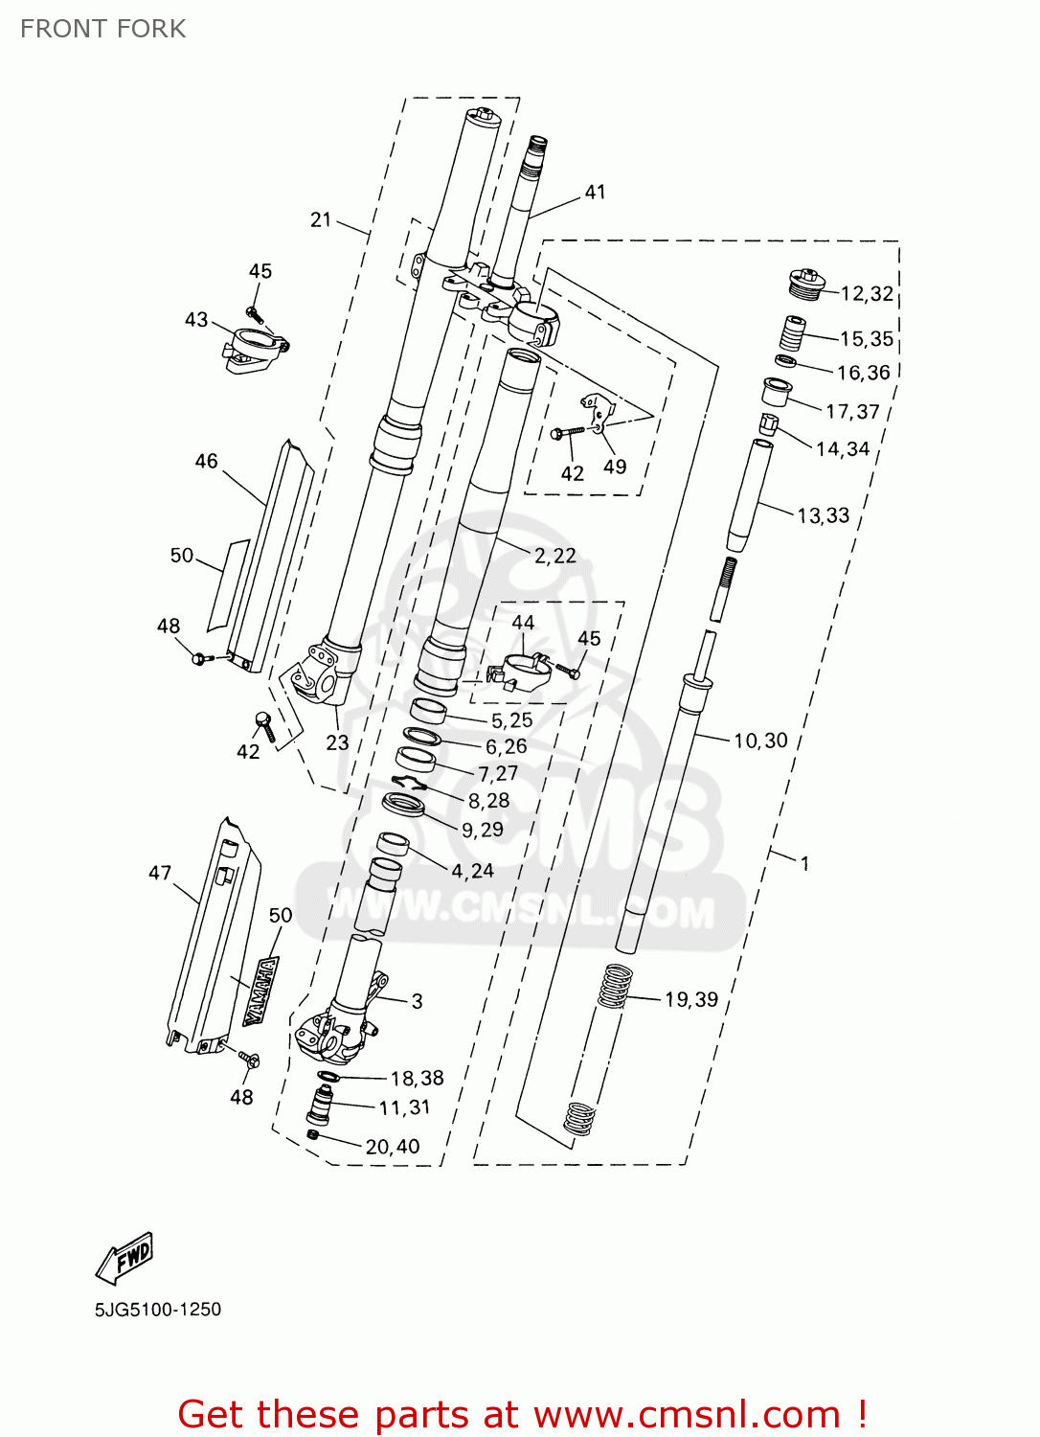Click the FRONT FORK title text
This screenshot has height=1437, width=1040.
coord(103,29)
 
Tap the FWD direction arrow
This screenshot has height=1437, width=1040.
coord(124,1257)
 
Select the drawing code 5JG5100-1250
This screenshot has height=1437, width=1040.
coord(158,1310)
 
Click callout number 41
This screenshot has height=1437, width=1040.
coord(596,193)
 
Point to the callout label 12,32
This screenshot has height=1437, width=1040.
coord(867,294)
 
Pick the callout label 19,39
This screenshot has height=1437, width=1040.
coord(691,1000)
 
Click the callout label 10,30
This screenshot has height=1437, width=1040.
coord(760,741)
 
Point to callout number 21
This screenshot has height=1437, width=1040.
coord(321,220)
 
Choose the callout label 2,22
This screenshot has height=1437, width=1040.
coord(555,557)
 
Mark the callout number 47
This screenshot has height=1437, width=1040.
coord(160,873)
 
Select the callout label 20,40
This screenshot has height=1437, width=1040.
coord(393,1147)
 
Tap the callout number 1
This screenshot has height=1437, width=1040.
coord(805,864)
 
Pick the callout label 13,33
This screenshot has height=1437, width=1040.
coord(824,516)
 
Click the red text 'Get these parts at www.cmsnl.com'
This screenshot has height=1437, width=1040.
coord(522,1414)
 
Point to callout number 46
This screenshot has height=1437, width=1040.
coord(207,462)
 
